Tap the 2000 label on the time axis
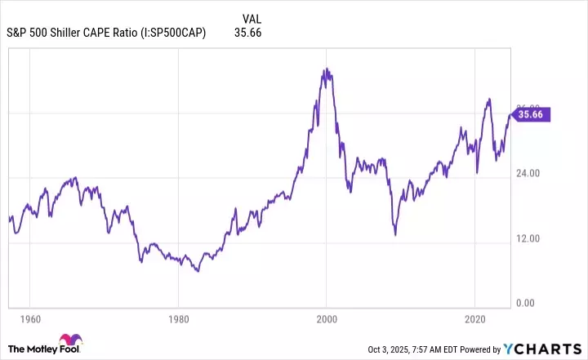click(327, 318)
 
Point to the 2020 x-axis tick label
click(475, 318)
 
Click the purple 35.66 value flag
click(531, 115)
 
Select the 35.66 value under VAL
click(247, 33)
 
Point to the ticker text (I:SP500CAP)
click(172, 33)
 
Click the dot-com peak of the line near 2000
click(325, 69)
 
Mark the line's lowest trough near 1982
click(198, 270)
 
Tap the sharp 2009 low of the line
click(395, 235)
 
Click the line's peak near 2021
click(488, 100)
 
